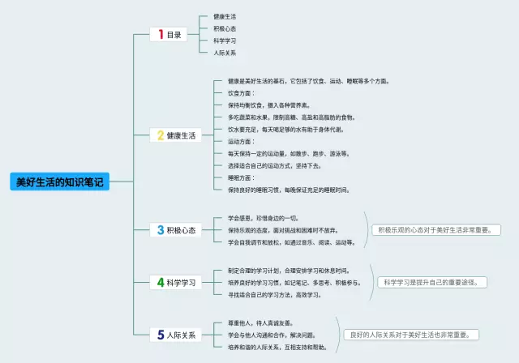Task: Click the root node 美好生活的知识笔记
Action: [x=60, y=181]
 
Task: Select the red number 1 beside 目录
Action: [x=161, y=34]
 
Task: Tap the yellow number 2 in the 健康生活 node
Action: [x=161, y=135]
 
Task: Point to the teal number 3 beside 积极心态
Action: [x=161, y=230]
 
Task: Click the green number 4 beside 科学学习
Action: [x=161, y=283]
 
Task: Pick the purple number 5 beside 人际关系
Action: [x=161, y=335]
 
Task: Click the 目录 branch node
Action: [x=174, y=34]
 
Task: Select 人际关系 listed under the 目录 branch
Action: [x=225, y=52]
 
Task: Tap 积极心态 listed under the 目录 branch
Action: [x=225, y=28]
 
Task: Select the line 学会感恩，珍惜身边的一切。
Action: [x=263, y=218]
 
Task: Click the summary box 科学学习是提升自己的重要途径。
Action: [x=432, y=282]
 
